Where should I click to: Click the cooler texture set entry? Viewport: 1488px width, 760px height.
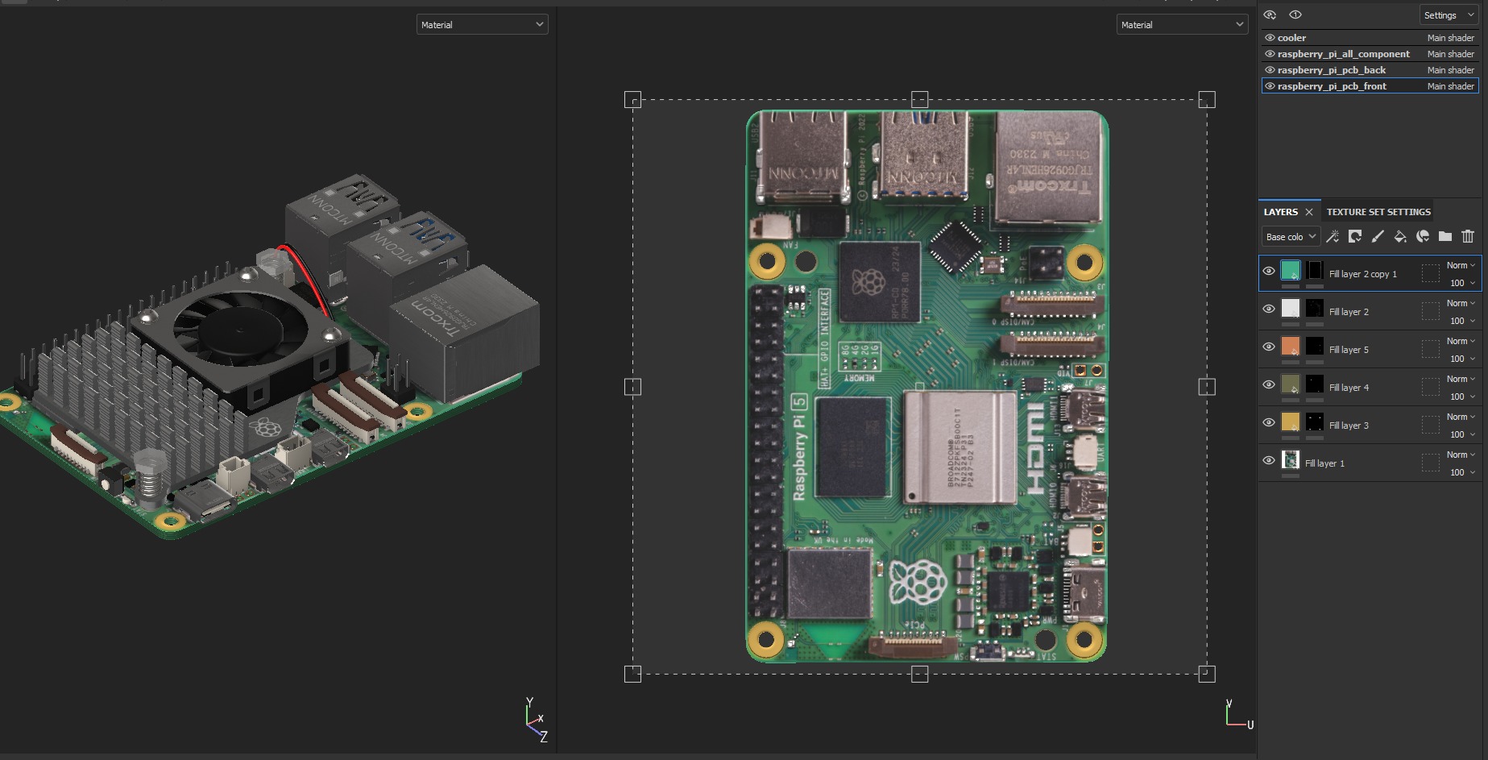(x=1291, y=38)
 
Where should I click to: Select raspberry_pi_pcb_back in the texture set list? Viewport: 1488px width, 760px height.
(x=1331, y=70)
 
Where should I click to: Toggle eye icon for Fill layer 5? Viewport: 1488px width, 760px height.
(x=1269, y=347)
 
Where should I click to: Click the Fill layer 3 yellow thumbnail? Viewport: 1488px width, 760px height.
(x=1290, y=422)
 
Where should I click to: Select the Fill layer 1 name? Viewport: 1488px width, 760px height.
(x=1324, y=463)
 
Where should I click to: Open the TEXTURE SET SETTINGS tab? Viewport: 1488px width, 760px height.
(x=1378, y=212)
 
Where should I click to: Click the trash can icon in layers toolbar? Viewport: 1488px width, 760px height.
(x=1468, y=236)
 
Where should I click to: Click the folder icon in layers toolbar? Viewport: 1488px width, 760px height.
(x=1445, y=236)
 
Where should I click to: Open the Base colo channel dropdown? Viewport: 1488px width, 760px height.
(x=1290, y=236)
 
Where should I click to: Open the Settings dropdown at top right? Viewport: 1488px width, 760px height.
(x=1448, y=15)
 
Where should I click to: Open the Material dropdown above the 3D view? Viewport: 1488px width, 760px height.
(x=482, y=25)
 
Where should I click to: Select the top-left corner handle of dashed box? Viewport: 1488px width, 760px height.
(x=633, y=100)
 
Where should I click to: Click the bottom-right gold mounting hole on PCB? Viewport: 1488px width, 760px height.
(x=1084, y=639)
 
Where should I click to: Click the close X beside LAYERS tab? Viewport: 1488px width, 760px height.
(x=1309, y=212)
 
